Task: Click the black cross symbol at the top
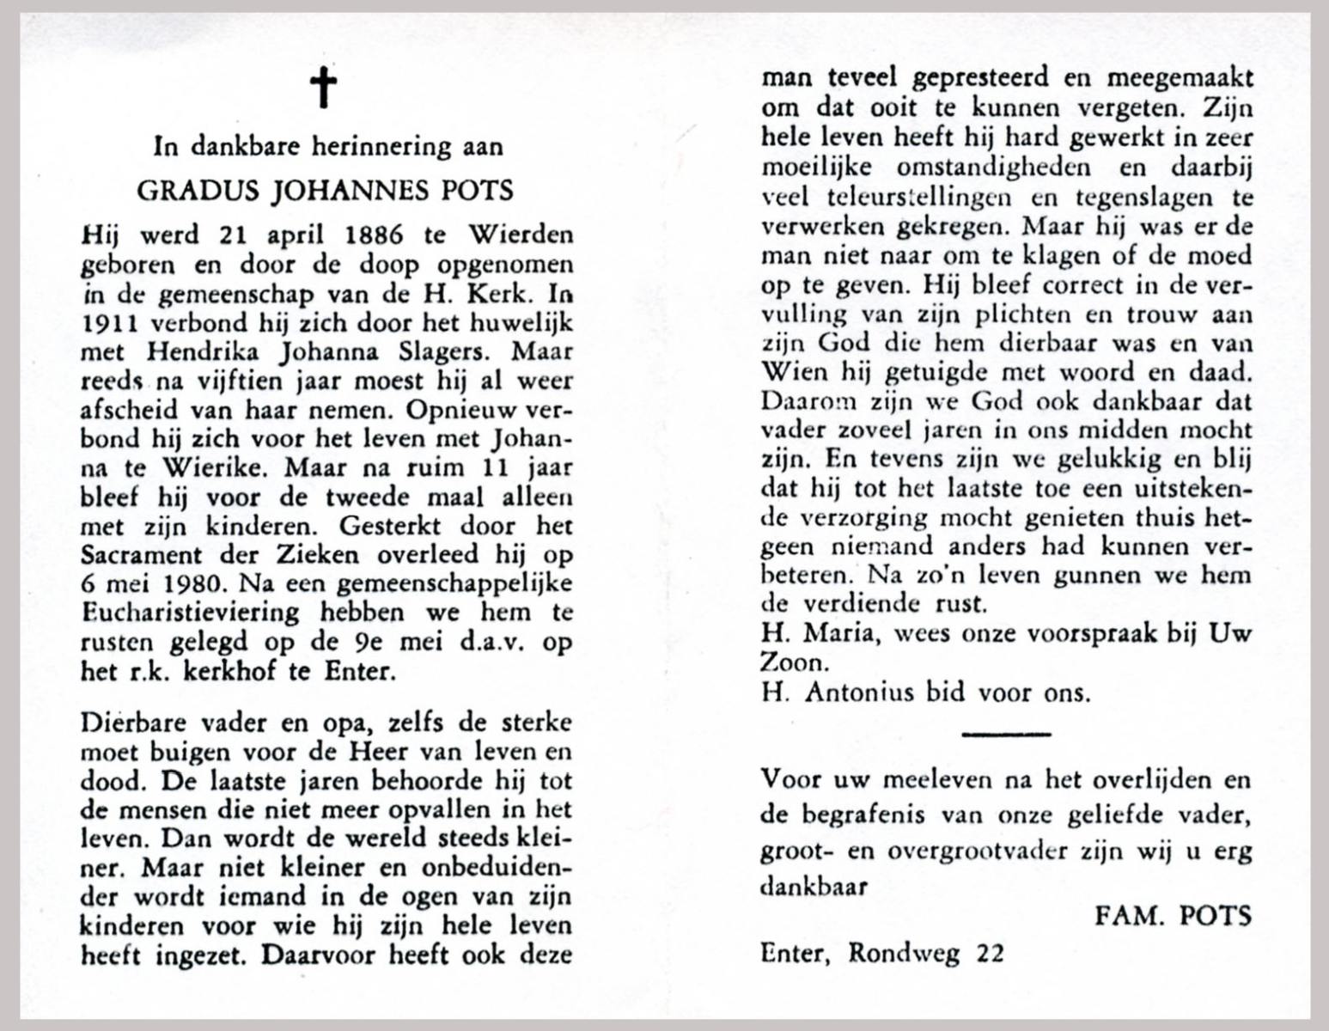[324, 88]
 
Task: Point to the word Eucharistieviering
[190, 613]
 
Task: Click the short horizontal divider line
[1006, 733]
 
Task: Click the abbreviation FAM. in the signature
[1126, 916]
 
